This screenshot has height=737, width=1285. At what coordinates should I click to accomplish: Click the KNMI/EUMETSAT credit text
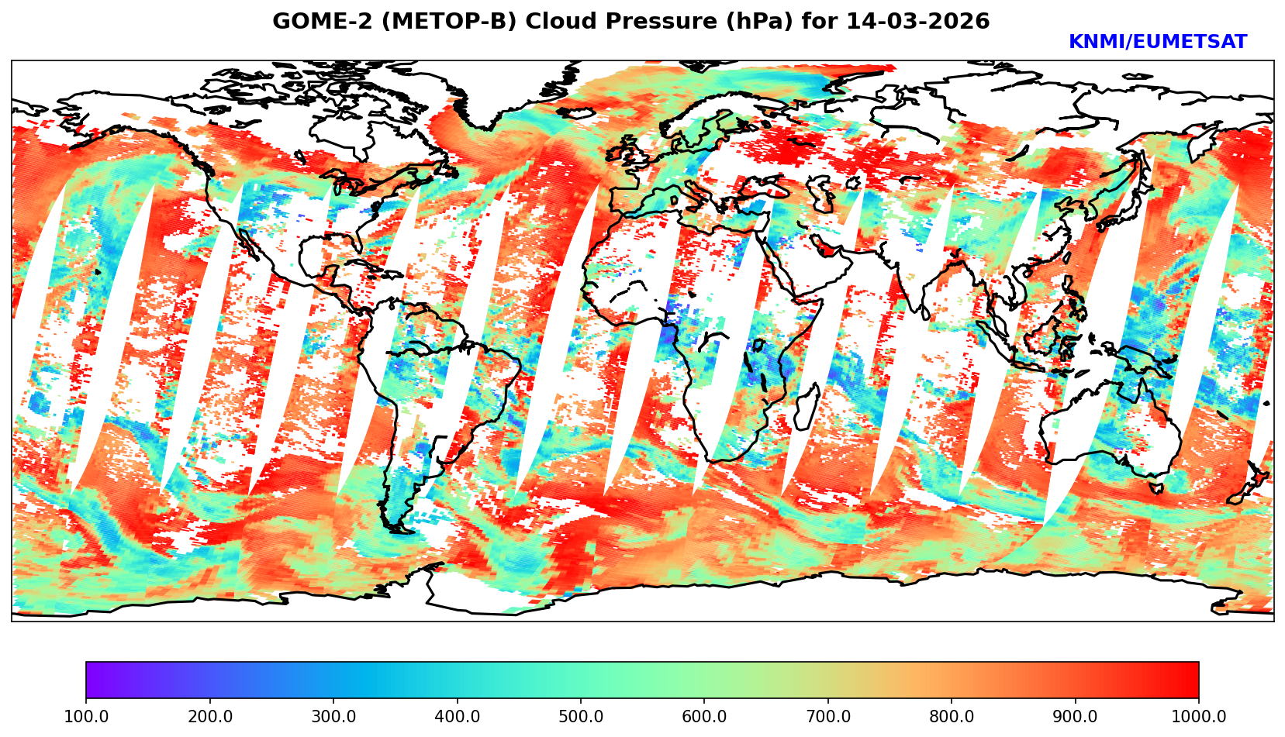tap(1157, 43)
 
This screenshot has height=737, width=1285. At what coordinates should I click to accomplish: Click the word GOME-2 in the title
tap(315, 22)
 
